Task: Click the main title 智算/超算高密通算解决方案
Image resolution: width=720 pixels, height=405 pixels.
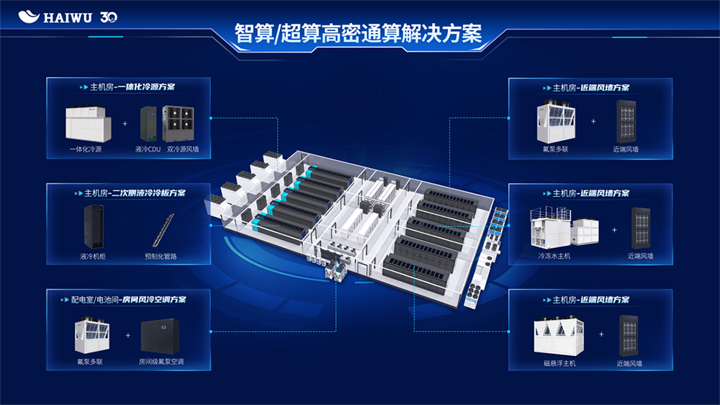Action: [x=358, y=33]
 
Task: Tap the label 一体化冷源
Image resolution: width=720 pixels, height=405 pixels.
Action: [x=86, y=149]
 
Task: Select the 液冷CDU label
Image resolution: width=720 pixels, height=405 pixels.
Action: [x=148, y=149]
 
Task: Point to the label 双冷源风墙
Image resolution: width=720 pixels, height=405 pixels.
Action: [x=183, y=149]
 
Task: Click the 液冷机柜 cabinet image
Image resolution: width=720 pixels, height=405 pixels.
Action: [x=94, y=226]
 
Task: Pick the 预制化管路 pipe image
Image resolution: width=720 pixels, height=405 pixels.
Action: [x=163, y=230]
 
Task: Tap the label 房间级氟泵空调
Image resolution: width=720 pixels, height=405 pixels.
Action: [x=161, y=362]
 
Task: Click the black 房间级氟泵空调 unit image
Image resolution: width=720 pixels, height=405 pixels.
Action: [x=160, y=337]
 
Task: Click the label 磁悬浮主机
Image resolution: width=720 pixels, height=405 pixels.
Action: [x=559, y=363]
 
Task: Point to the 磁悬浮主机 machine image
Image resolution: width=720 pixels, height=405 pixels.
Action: [x=559, y=336]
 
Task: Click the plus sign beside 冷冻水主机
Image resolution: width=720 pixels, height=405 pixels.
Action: [x=614, y=230]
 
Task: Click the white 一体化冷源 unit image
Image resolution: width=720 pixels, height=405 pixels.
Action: [x=89, y=124]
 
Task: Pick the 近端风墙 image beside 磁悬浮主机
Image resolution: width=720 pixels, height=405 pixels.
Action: [x=629, y=336]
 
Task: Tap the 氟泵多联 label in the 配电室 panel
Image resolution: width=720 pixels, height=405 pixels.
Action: [x=90, y=362]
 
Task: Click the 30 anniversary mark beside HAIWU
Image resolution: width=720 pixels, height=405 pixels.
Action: [x=109, y=17]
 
